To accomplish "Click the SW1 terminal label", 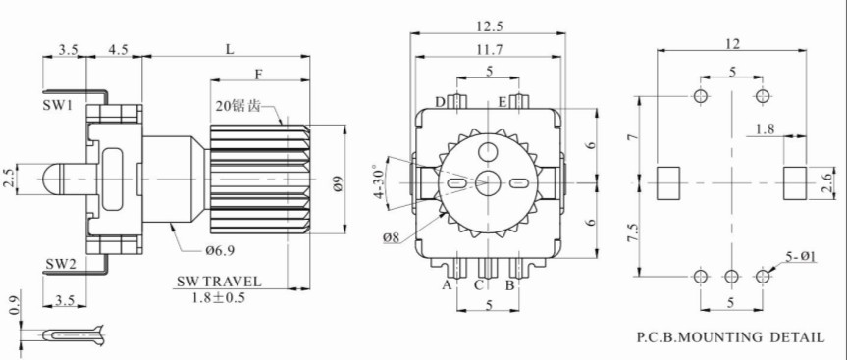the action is pos(57,105).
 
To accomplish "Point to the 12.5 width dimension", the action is pos(487,26).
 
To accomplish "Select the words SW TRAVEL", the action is pos(219,282).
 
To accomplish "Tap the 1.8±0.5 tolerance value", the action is pos(219,297).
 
